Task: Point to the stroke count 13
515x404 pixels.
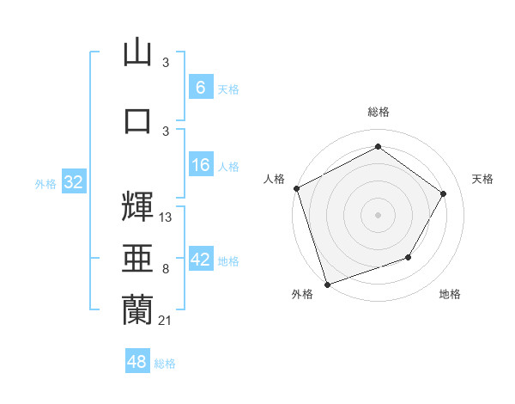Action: click(166, 217)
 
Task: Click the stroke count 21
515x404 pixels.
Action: click(166, 320)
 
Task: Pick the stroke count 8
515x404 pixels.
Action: click(165, 269)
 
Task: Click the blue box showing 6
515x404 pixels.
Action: click(200, 87)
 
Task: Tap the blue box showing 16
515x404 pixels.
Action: click(200, 165)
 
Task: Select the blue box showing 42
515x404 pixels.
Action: click(200, 260)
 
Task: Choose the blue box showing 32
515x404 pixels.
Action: click(73, 181)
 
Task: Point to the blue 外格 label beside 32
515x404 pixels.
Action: click(45, 183)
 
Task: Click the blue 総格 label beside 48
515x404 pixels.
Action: click(165, 364)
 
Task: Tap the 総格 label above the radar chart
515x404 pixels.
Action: click(378, 112)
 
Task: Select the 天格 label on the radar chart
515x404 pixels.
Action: click(482, 179)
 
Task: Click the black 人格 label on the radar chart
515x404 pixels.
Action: click(275, 179)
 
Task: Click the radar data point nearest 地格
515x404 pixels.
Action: click(409, 257)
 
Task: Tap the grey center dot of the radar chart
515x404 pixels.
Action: click(378, 214)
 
